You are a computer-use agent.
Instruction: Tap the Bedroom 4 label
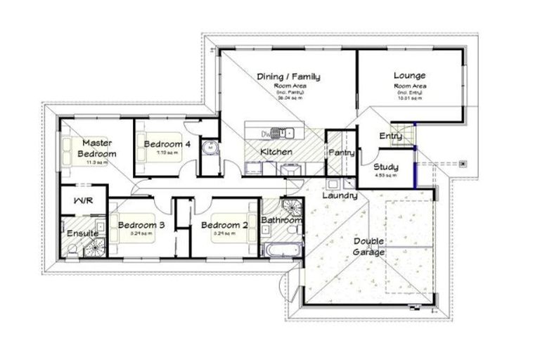(x=167, y=144)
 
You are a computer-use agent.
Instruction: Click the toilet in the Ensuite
(x=72, y=247)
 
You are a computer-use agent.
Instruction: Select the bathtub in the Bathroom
(x=281, y=250)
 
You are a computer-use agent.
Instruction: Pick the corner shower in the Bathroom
(x=290, y=206)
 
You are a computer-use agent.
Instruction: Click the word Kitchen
(x=276, y=152)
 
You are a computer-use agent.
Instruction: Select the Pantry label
(x=340, y=152)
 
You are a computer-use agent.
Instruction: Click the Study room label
(x=385, y=167)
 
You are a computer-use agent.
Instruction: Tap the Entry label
(x=390, y=136)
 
